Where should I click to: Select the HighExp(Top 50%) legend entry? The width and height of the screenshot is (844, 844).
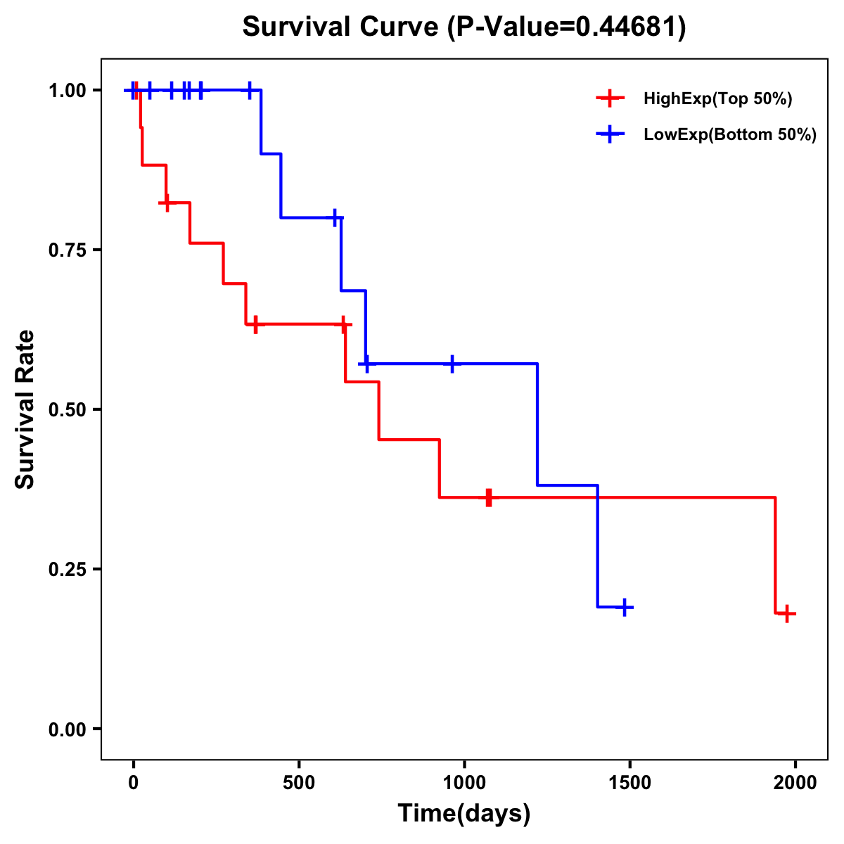coord(717,99)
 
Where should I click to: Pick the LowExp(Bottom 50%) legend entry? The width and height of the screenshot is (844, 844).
coord(729,134)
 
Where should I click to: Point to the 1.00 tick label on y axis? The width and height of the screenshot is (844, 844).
coord(67,91)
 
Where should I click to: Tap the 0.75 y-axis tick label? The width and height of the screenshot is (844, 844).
coord(67,250)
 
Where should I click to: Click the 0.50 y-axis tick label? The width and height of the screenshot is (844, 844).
coord(67,410)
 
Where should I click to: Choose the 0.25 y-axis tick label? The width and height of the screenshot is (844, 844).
coord(67,570)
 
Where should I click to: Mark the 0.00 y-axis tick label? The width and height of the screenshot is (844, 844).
coord(67,729)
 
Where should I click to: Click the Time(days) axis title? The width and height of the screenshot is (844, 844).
coord(464,814)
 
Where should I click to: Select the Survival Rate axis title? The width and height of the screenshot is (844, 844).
coord(25,409)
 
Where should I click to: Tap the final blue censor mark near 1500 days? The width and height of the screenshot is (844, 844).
coord(624,607)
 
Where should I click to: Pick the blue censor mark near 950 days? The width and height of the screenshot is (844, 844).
coord(452,364)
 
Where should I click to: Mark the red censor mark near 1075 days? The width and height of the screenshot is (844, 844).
coord(489,497)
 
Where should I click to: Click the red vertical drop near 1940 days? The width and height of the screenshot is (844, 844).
coord(775,556)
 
